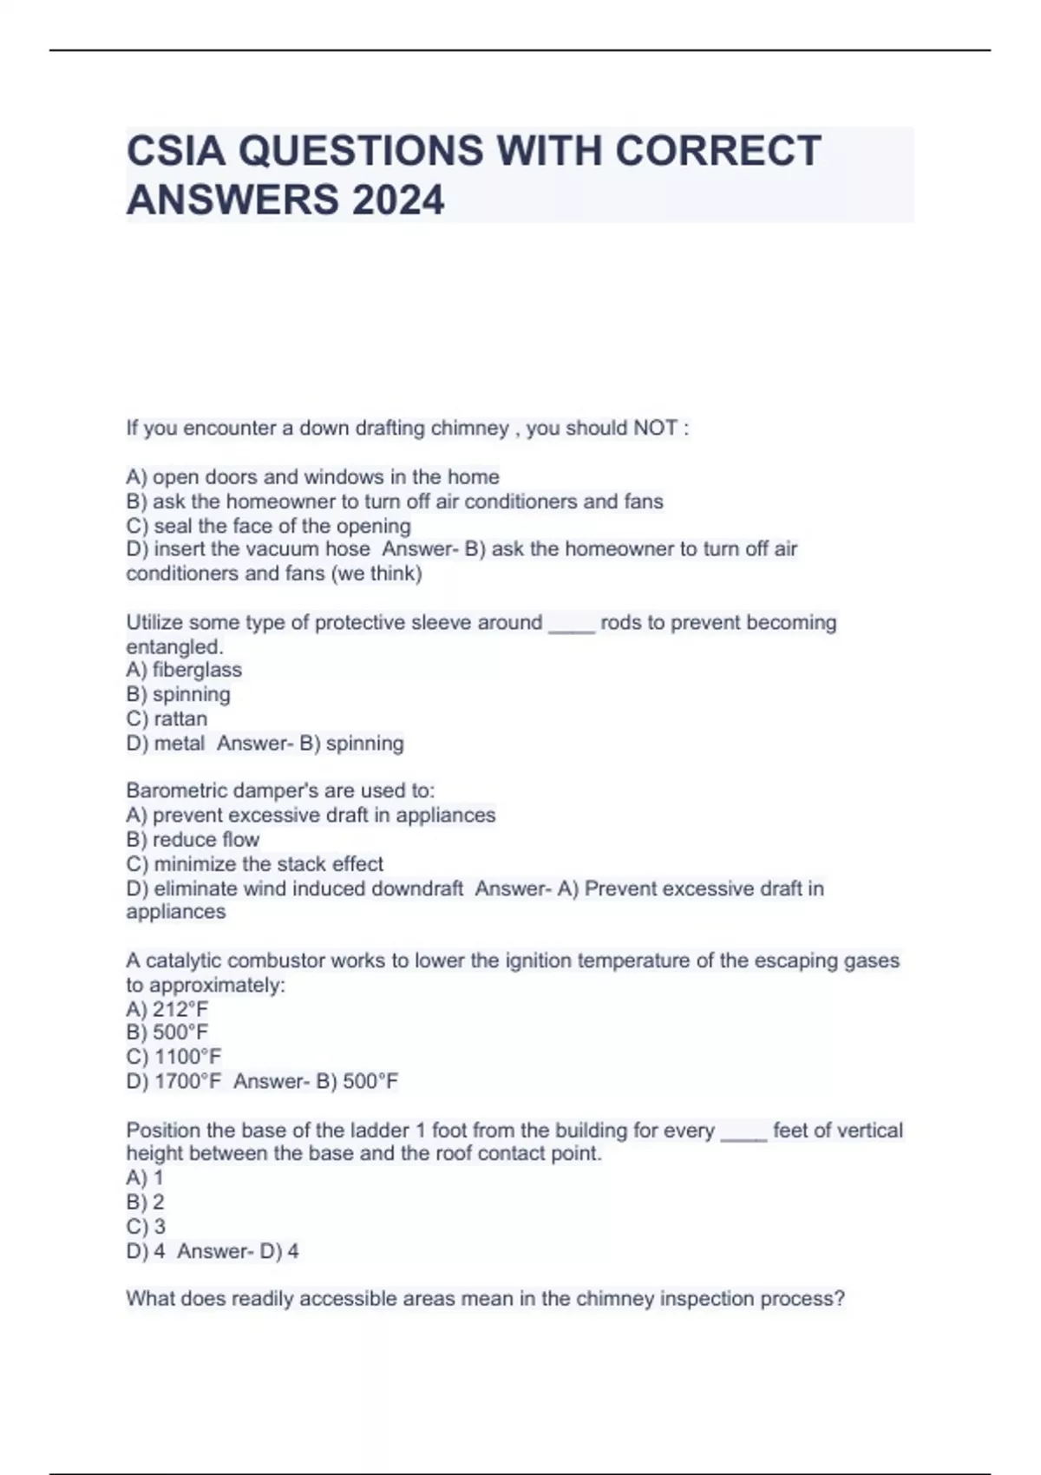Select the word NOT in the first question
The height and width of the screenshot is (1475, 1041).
(655, 428)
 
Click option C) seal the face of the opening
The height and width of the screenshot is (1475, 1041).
(268, 526)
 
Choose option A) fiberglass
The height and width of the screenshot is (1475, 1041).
(184, 670)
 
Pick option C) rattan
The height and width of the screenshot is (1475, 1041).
(167, 718)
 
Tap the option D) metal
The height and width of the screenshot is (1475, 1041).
(166, 743)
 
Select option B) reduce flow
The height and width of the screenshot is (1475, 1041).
(193, 839)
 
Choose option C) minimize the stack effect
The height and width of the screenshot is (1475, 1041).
(254, 864)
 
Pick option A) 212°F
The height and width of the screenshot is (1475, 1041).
(167, 1009)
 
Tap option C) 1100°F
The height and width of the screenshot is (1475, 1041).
(173, 1057)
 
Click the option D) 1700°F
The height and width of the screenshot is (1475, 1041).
(173, 1081)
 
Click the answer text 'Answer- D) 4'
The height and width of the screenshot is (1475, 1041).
(238, 1251)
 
